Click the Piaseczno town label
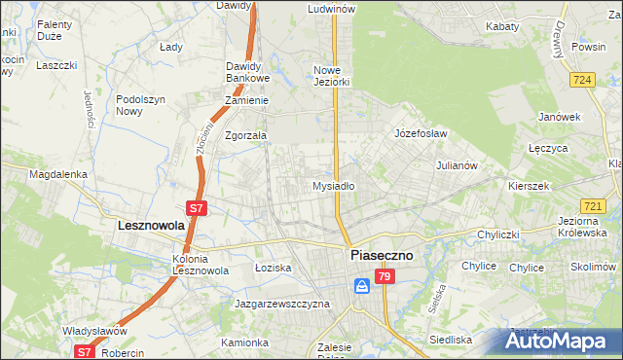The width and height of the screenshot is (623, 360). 381,255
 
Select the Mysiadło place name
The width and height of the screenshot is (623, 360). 333,185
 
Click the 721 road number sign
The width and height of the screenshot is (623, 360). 592,206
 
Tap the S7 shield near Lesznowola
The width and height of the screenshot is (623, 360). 196,207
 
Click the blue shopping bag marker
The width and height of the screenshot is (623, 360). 361,285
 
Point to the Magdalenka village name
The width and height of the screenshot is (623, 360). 58,174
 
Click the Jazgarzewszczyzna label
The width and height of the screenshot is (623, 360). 282,304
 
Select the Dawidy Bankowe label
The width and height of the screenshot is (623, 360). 247,72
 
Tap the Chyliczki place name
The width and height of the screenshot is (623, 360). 501,234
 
